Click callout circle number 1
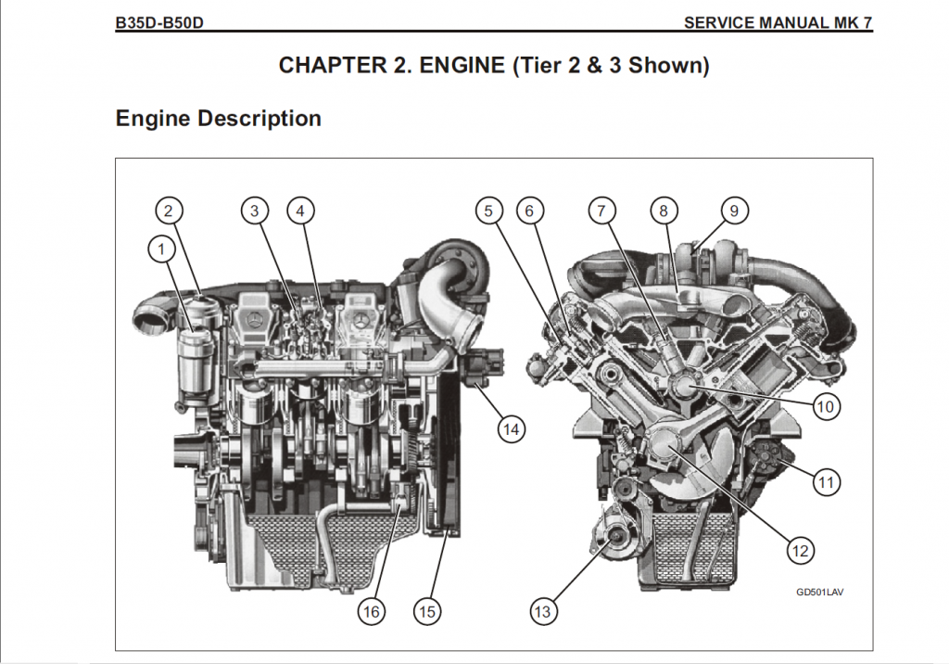pyautogui.click(x=162, y=248)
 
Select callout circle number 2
pyautogui.click(x=168, y=211)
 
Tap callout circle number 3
pyautogui.click(x=255, y=211)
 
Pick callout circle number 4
pyautogui.click(x=299, y=211)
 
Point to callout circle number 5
pyautogui.click(x=488, y=211)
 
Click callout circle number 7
pyautogui.click(x=601, y=211)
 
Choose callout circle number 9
pyautogui.click(x=733, y=211)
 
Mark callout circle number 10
pyautogui.click(x=826, y=405)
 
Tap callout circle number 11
pyautogui.click(x=826, y=481)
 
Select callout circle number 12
pyautogui.click(x=800, y=550)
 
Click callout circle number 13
pyautogui.click(x=542, y=611)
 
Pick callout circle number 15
pyautogui.click(x=427, y=611)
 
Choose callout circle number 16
pyautogui.click(x=371, y=611)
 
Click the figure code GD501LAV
pyautogui.click(x=819, y=591)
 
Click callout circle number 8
pyautogui.click(x=664, y=211)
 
